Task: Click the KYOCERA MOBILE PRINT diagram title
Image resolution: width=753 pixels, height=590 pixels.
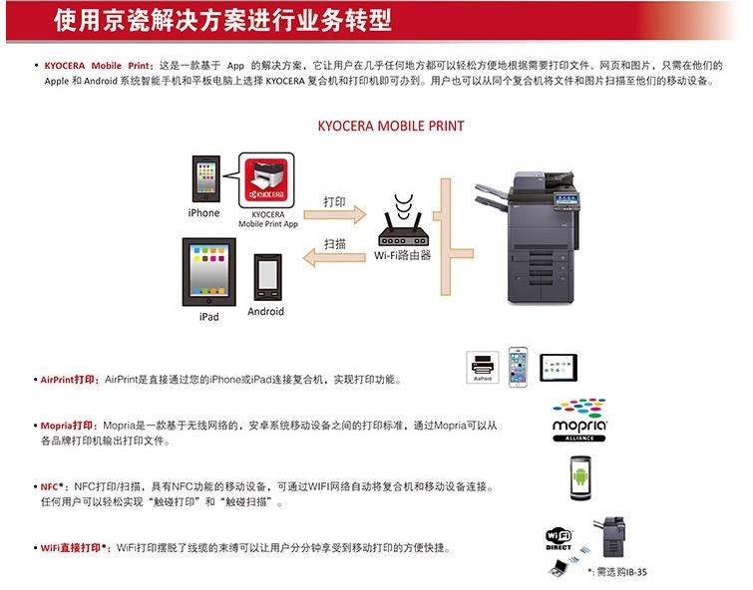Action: (x=391, y=126)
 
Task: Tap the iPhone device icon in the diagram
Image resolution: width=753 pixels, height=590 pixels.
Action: (x=206, y=179)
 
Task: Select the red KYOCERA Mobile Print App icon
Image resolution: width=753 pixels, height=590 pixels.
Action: (x=266, y=180)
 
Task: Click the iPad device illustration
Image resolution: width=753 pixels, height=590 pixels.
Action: (x=208, y=272)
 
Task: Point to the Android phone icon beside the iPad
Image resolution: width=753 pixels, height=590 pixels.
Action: (x=267, y=278)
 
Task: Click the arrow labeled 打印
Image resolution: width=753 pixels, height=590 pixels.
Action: (x=335, y=214)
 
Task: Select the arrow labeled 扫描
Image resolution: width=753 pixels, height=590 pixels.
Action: (x=334, y=257)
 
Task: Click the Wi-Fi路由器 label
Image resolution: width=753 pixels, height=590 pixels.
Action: (x=403, y=255)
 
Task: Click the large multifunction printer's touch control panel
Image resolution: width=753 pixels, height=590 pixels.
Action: (x=566, y=200)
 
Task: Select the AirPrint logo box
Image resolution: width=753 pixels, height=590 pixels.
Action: (x=483, y=367)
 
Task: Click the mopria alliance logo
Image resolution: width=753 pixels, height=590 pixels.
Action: (x=579, y=420)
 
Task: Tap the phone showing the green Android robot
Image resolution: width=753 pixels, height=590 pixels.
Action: (x=580, y=478)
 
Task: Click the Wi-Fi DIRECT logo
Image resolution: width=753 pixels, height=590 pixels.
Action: (x=559, y=539)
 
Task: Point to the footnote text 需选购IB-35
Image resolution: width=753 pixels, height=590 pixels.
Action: (x=621, y=572)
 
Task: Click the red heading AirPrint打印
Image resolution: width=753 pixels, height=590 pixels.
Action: (x=67, y=380)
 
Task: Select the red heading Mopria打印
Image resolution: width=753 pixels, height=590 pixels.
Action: (x=66, y=426)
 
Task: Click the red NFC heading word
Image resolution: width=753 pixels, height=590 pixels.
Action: (x=49, y=486)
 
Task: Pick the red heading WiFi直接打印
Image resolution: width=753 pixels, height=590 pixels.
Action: (x=71, y=548)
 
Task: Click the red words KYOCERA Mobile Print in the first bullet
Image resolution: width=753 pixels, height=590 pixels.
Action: (x=97, y=66)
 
